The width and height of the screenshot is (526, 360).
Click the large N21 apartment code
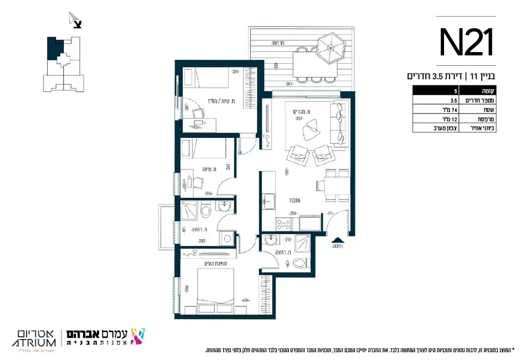click(x=467, y=43)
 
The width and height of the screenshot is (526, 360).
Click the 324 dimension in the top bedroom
click(x=236, y=71)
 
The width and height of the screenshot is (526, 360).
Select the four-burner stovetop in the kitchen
click(x=284, y=223)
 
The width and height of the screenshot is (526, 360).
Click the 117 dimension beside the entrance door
click(x=330, y=213)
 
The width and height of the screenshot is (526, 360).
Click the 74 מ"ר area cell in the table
click(x=440, y=110)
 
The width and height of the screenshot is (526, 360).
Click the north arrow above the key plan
click(x=75, y=21)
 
